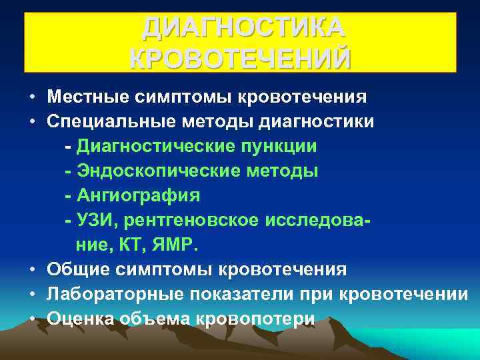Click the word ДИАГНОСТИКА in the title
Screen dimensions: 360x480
[x=243, y=28]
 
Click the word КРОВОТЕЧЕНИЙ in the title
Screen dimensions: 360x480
[x=240, y=59]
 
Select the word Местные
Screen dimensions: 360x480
[x=87, y=97]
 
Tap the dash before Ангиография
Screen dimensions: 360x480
[x=68, y=196]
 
